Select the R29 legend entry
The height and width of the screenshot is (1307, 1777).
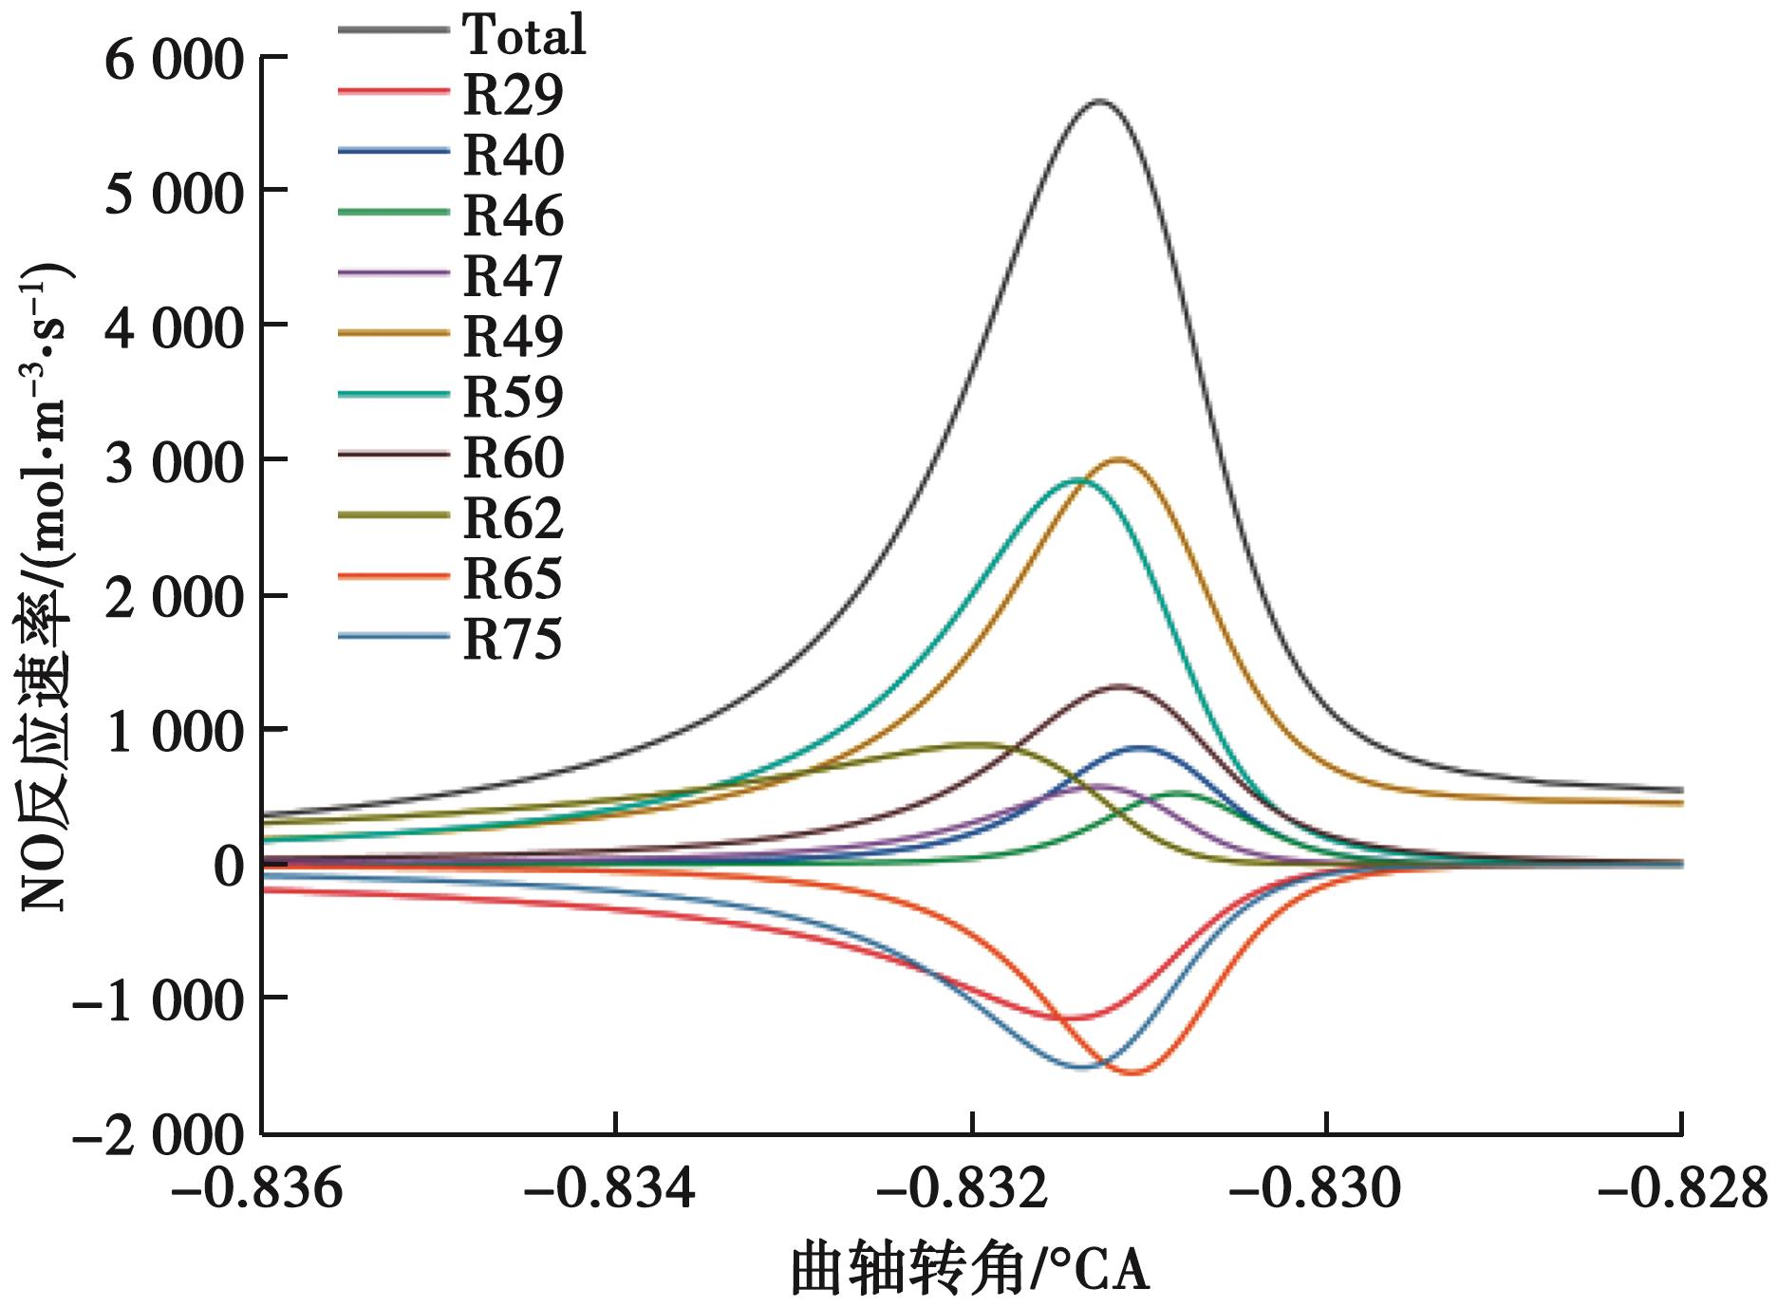point(513,94)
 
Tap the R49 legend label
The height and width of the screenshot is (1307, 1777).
point(513,335)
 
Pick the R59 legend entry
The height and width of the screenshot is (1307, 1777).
point(513,396)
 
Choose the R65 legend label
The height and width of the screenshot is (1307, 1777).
point(513,578)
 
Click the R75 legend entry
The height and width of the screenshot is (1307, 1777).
point(513,639)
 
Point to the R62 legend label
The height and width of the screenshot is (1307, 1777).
point(513,517)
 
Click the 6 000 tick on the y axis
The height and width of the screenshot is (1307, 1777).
point(174,62)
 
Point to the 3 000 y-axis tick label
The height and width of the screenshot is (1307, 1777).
point(174,466)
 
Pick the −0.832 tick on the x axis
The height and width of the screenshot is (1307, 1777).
point(970,1189)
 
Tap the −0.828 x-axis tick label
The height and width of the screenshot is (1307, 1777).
point(1682,1189)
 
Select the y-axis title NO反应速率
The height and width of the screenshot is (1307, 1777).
point(45,588)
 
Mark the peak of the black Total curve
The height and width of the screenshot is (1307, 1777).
point(1099,100)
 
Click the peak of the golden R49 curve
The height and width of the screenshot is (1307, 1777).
point(1120,459)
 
